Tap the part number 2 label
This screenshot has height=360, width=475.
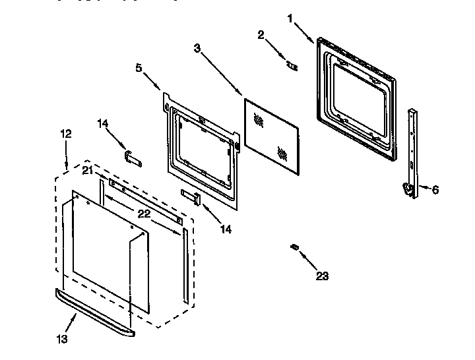point(261,35)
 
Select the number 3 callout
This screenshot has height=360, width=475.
point(198,47)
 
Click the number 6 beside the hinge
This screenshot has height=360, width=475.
point(435,190)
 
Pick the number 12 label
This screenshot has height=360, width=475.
point(66,134)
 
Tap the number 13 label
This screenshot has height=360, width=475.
point(61,339)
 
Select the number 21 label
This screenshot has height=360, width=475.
point(88,171)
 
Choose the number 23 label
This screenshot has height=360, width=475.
point(322,276)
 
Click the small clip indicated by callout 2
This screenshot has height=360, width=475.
point(290,65)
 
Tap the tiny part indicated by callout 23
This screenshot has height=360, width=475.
point(294,247)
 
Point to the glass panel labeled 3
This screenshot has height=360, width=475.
point(270,132)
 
